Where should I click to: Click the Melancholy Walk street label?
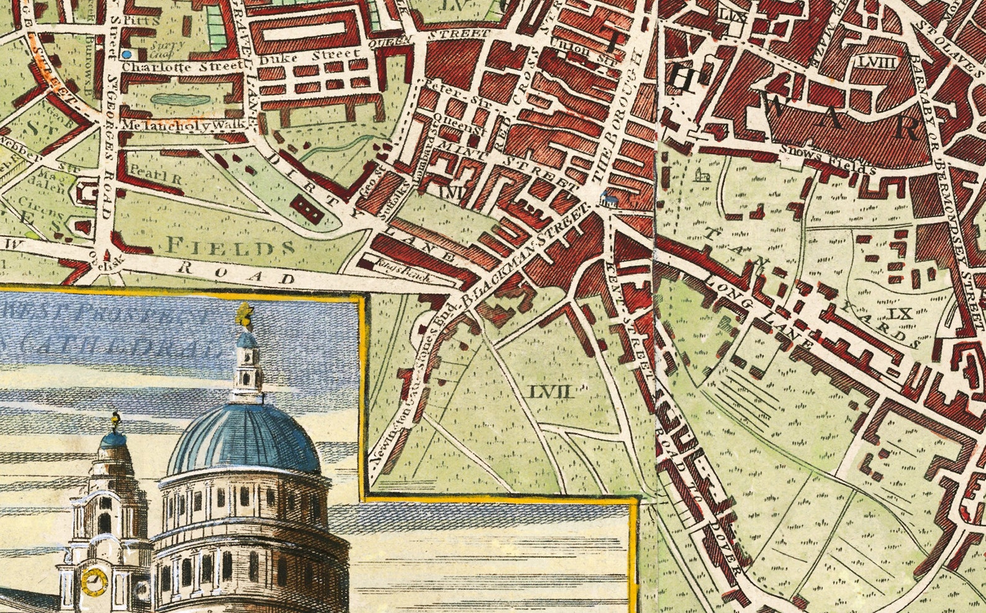click(x=177, y=125)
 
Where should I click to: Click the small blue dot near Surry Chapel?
click(x=127, y=55)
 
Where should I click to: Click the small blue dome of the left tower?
click(x=114, y=440)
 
